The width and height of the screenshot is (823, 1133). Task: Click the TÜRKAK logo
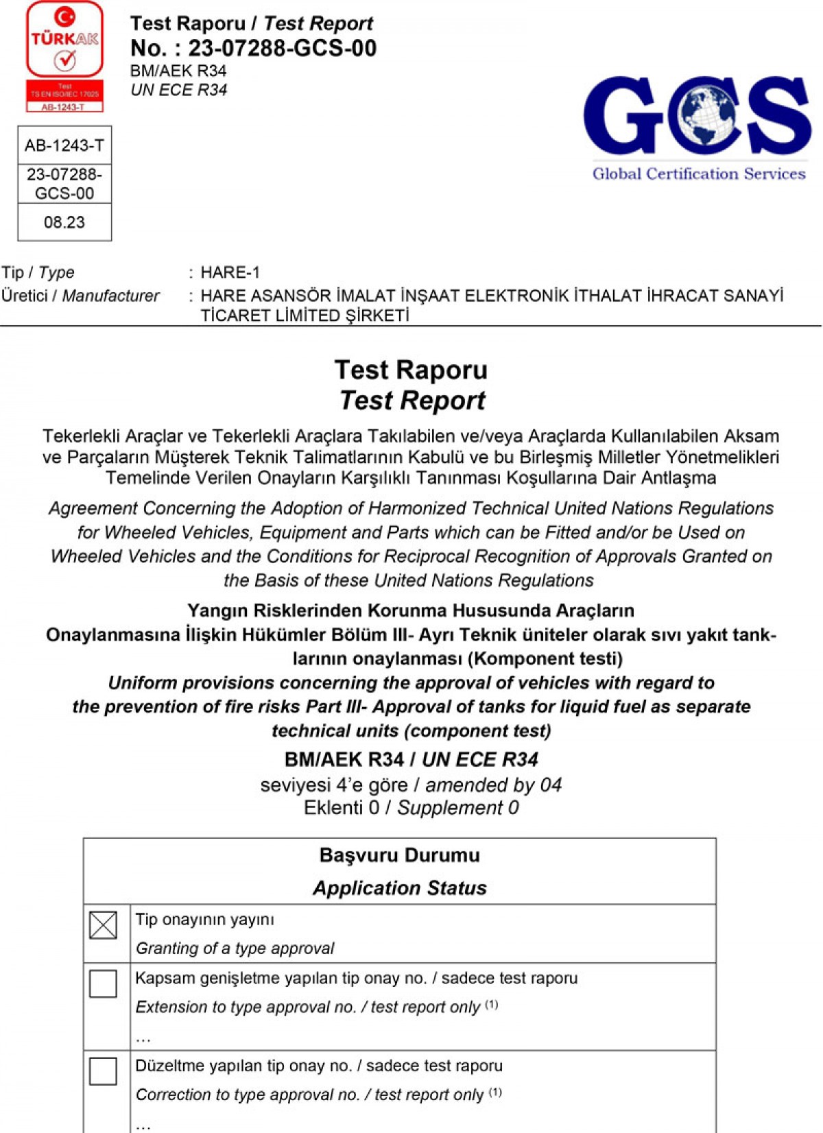tap(64, 56)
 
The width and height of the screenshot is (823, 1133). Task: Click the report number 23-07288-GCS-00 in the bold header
tap(282, 48)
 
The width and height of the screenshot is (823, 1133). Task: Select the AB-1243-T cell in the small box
tap(64, 145)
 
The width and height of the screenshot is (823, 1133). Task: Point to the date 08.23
tap(64, 222)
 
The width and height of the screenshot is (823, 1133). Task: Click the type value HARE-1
tap(230, 272)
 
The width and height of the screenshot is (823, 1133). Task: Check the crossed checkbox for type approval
tap(103, 925)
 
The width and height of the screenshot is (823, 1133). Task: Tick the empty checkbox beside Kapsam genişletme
tap(103, 983)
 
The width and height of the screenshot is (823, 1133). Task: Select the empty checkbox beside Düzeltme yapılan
tap(103, 1071)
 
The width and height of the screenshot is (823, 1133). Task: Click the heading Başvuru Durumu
tap(400, 855)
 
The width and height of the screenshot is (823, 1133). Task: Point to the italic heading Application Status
tap(400, 888)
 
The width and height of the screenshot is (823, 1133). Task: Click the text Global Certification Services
tap(699, 174)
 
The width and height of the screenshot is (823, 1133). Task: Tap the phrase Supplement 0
tap(458, 808)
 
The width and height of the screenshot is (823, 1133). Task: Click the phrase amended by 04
tap(493, 785)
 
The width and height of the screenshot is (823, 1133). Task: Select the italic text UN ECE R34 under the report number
tap(178, 90)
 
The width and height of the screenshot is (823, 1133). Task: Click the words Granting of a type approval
tap(235, 949)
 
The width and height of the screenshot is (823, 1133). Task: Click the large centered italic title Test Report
tap(412, 401)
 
